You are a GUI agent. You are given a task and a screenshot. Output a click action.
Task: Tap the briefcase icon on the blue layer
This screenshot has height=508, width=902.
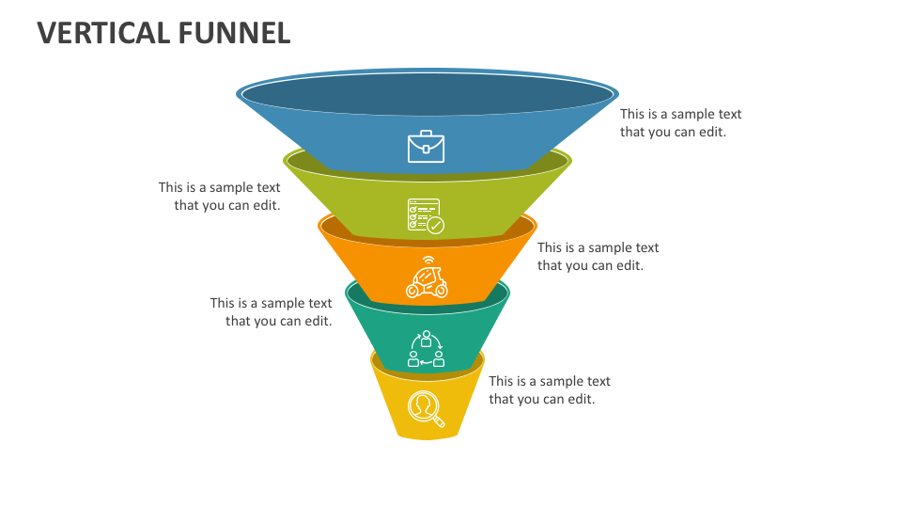[426, 147]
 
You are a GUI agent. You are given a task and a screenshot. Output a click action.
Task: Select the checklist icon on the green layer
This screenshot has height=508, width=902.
[426, 215]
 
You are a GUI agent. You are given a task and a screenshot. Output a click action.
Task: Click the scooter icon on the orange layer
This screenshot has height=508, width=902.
[427, 280]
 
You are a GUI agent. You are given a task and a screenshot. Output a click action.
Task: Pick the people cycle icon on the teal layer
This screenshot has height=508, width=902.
[426, 349]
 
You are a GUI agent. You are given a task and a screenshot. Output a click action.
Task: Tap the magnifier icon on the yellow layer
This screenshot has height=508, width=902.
[426, 408]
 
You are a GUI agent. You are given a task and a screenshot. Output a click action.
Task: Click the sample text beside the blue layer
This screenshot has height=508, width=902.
[680, 123]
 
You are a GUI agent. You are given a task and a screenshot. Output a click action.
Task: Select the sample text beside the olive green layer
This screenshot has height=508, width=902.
[220, 197]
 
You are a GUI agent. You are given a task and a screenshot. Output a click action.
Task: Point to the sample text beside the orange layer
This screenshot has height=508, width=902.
[598, 257]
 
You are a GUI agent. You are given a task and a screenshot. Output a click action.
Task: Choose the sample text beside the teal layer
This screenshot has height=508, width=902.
[272, 312]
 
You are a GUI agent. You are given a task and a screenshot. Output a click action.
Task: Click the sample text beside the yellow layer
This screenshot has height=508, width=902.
[549, 390]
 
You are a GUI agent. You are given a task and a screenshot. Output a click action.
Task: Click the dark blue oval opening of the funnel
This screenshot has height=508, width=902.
[428, 94]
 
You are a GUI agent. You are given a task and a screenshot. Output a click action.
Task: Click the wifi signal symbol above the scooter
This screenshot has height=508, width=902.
[428, 260]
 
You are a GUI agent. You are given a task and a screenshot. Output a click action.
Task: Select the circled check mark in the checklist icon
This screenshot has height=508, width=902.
[436, 225]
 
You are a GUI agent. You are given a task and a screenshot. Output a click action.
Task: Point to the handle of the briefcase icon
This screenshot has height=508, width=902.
[426, 134]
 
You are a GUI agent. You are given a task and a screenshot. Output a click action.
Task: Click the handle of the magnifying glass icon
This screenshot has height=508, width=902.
[438, 421]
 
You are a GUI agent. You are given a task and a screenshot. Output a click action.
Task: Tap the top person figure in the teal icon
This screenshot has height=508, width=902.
[426, 337]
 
